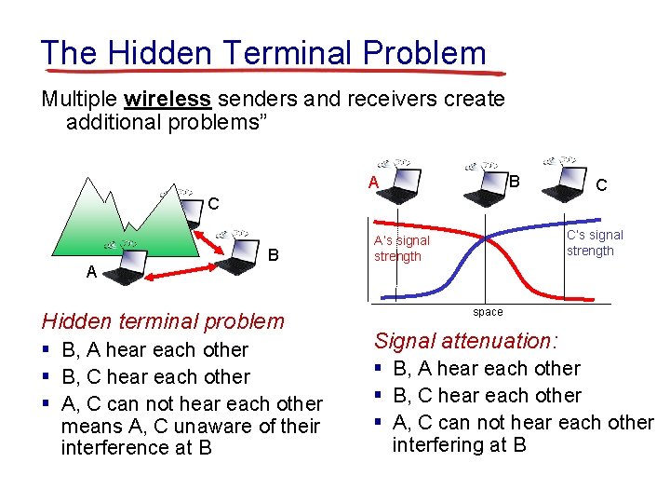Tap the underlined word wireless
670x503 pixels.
click(x=167, y=99)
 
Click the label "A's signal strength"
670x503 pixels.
click(x=401, y=249)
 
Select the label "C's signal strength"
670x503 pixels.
click(x=595, y=243)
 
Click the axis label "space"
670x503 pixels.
click(x=488, y=312)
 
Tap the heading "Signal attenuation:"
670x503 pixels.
click(x=464, y=341)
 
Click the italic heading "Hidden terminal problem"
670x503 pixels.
click(x=163, y=321)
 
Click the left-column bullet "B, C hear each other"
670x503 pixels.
click(x=155, y=377)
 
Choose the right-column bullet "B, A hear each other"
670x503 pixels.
click(x=487, y=369)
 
